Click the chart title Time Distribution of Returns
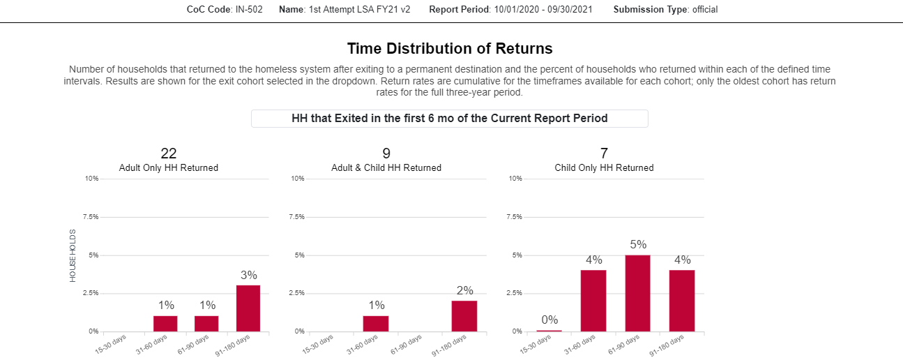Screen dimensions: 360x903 [x=450, y=49]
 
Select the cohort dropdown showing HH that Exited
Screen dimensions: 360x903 [x=450, y=119]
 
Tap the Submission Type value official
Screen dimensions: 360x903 [x=705, y=10]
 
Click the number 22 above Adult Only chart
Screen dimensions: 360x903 [x=169, y=153]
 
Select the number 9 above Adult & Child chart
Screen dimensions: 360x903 [x=386, y=153]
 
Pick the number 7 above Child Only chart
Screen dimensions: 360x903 [x=604, y=153]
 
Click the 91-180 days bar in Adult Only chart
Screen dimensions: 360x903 [x=249, y=308]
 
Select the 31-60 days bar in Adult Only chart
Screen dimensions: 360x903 [x=166, y=324]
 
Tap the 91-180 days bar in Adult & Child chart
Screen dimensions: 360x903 [x=464, y=316]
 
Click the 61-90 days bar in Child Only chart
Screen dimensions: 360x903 [x=638, y=293]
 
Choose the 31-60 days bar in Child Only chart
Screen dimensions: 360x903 [x=593, y=301]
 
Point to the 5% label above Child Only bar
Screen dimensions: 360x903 [x=638, y=245]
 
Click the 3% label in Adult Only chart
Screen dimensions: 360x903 [x=249, y=275]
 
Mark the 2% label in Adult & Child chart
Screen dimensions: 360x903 [x=464, y=290]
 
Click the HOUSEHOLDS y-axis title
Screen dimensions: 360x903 [x=73, y=255]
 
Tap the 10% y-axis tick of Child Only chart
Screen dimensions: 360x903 [x=515, y=179]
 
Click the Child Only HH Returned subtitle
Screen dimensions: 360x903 [x=604, y=168]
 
